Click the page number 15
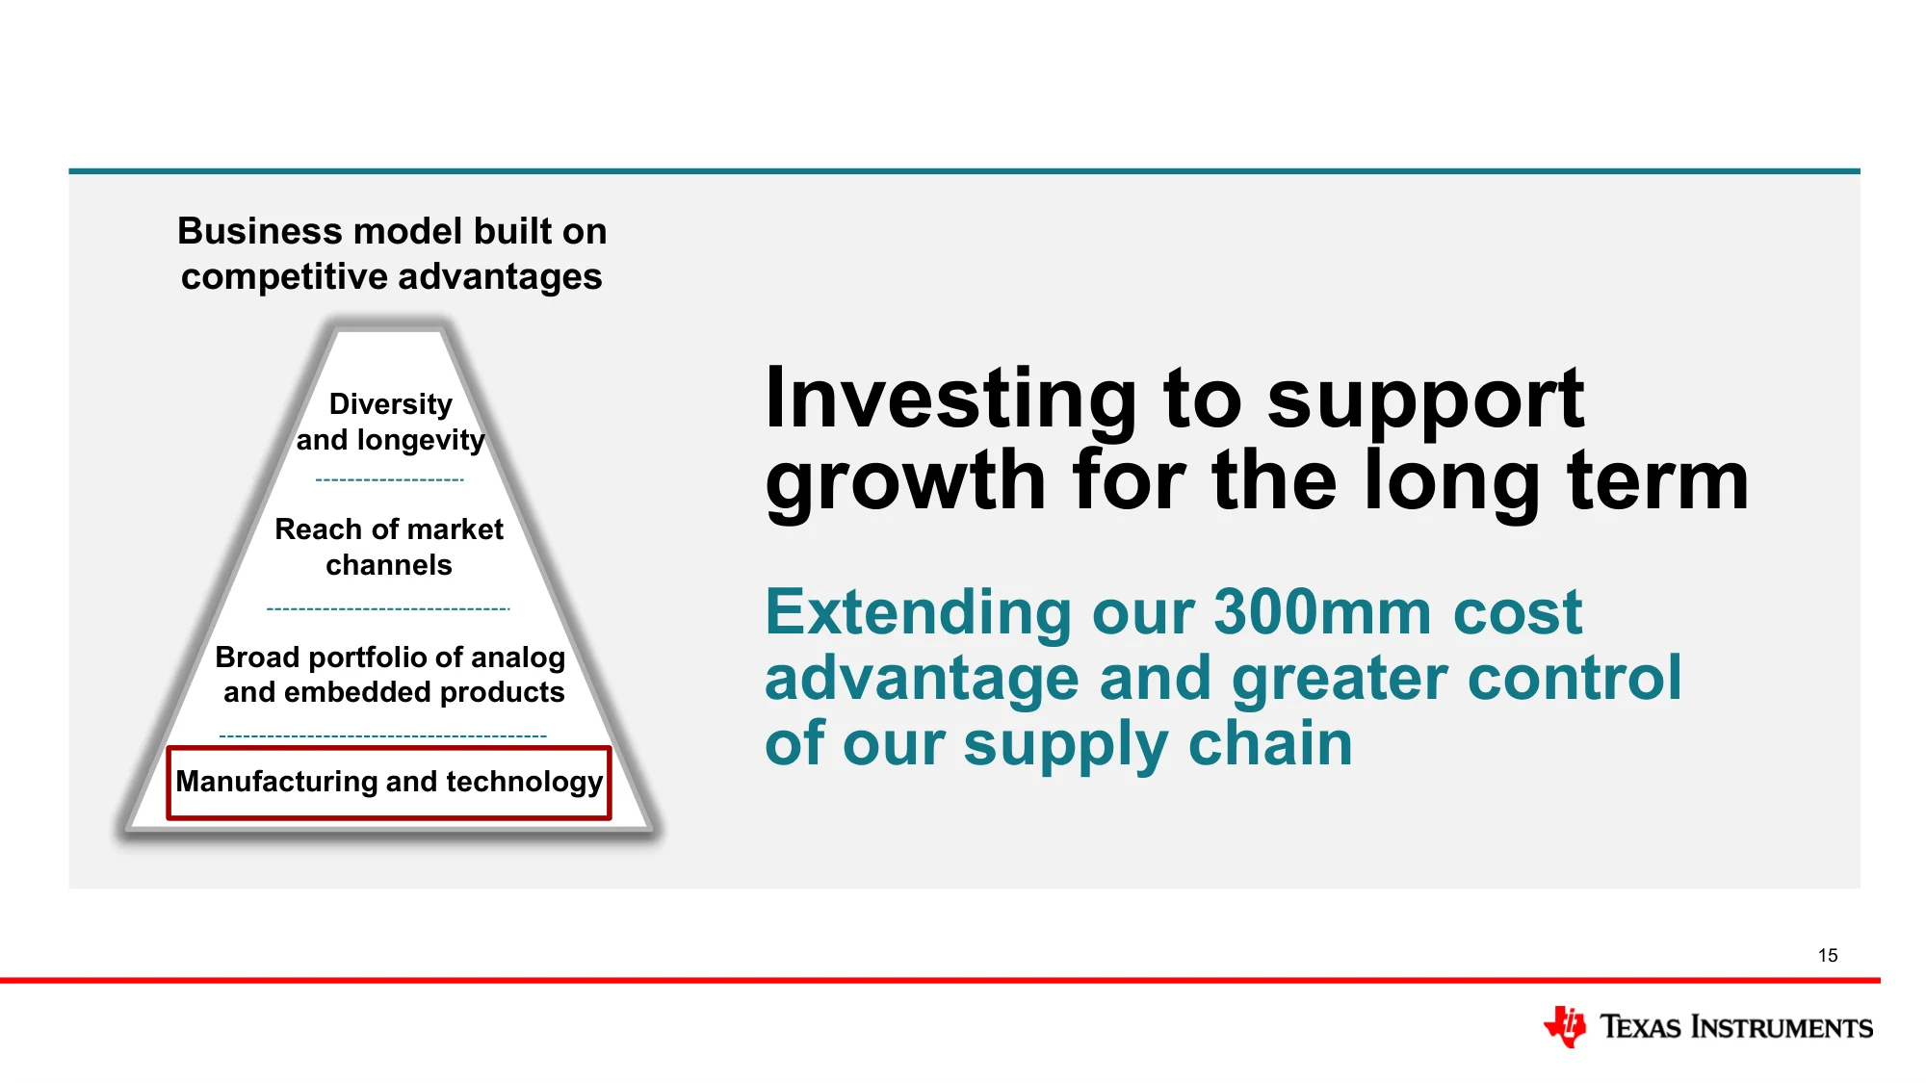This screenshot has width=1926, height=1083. [1828, 955]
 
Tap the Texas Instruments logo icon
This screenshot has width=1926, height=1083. [1565, 1026]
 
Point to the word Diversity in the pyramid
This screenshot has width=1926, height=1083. [390, 404]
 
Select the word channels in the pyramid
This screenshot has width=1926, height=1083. [389, 565]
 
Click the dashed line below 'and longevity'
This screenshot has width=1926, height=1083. [389, 479]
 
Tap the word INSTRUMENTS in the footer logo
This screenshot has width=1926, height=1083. [1782, 1027]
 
